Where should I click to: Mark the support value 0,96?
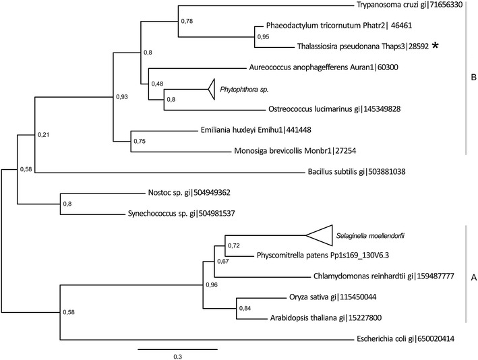211,286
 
